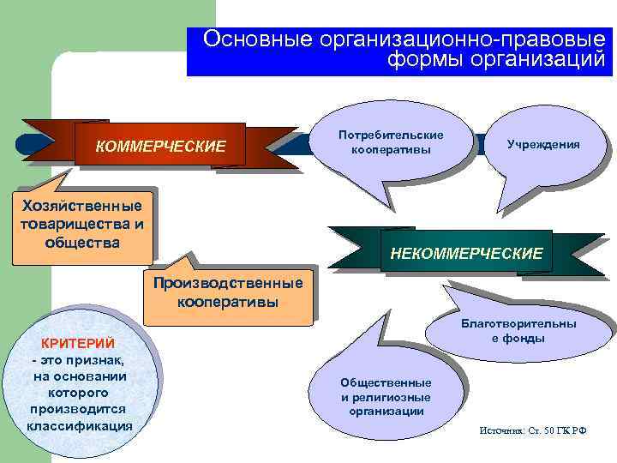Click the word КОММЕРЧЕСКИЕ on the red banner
click(x=160, y=147)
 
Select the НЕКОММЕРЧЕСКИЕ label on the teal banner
click(x=466, y=254)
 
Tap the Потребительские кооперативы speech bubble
click(x=391, y=143)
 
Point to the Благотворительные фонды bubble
click(x=518, y=331)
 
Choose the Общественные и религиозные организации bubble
click(x=386, y=396)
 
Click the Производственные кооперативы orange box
click(x=227, y=292)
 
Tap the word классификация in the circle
click(x=80, y=425)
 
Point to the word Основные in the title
click(x=257, y=39)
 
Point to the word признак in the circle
click(x=96, y=360)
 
